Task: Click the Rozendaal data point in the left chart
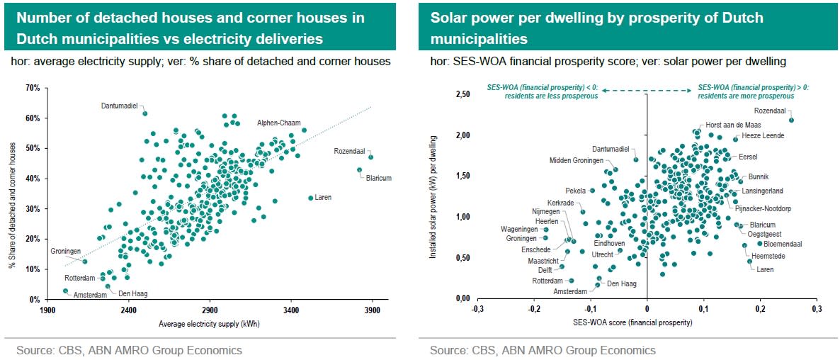coord(370,157)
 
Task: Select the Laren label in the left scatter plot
coord(323,198)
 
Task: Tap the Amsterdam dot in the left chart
coord(65,291)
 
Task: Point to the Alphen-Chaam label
coord(279,123)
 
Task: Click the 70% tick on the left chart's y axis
coord(32,89)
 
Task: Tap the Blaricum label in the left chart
coord(378,179)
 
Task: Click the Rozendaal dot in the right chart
coord(791,120)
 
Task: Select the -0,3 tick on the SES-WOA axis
coord(477,310)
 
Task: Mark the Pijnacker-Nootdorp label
coord(763,209)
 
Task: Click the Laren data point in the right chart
coord(750,261)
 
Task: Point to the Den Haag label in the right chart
coord(621,283)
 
